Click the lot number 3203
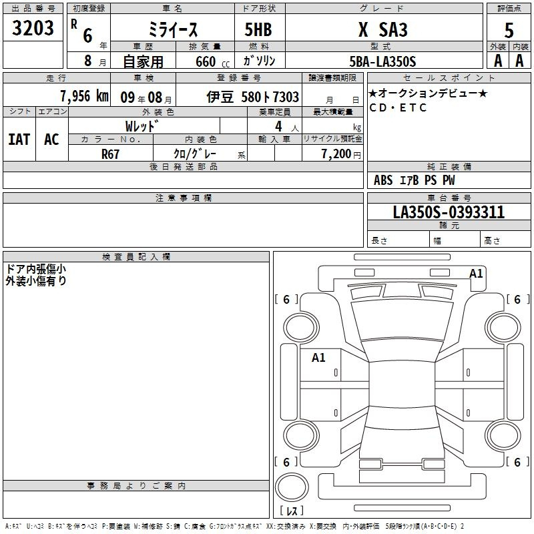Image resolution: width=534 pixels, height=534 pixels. click(33, 27)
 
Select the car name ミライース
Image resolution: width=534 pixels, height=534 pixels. click(173, 29)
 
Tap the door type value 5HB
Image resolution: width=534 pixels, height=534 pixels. click(258, 29)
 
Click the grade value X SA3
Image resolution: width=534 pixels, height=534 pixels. click(383, 29)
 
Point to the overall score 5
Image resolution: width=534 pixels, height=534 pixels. click(509, 30)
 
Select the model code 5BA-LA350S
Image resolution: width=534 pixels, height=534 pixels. click(382, 61)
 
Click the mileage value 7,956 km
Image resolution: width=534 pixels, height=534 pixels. click(85, 96)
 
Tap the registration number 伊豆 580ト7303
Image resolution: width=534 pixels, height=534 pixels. click(253, 97)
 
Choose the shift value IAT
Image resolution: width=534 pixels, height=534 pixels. click(19, 140)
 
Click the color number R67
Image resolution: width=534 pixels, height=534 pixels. click(110, 154)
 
